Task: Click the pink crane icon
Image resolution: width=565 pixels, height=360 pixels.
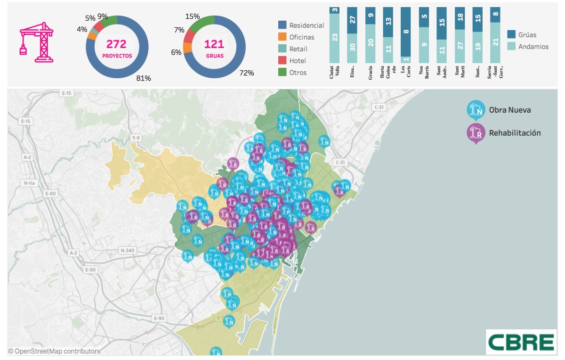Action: (x=36, y=42)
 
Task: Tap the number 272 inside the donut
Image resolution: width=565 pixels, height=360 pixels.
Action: (x=116, y=44)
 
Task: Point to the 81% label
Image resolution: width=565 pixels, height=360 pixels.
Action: (x=144, y=78)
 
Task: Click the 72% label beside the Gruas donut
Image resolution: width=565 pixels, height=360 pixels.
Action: (x=246, y=73)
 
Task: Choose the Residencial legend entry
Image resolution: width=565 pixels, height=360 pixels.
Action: (x=301, y=25)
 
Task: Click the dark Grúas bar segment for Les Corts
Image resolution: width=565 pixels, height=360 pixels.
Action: (x=406, y=32)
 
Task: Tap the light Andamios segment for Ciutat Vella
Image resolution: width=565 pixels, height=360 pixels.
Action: (x=334, y=38)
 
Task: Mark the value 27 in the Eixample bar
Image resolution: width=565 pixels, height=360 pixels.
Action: (x=352, y=20)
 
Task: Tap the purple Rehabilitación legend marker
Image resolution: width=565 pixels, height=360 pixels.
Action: (x=476, y=133)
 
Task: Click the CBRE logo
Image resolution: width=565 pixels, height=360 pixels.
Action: (x=520, y=341)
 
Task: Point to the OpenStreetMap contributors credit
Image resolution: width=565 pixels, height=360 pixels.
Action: (x=54, y=351)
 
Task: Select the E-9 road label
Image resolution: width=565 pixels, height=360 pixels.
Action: (x=136, y=137)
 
